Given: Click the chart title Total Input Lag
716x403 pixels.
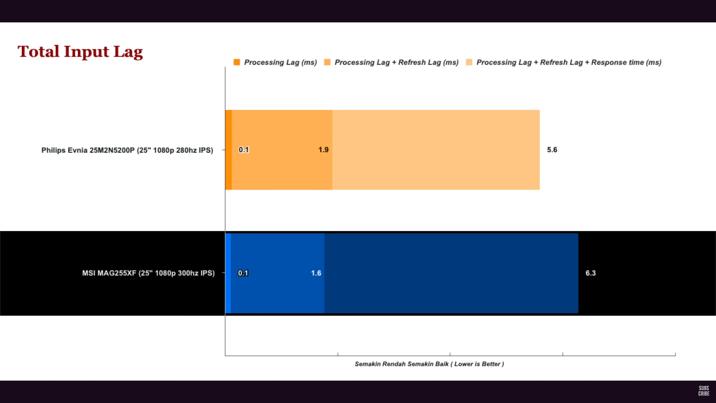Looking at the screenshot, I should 80,52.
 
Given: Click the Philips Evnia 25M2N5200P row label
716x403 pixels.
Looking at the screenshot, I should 127,150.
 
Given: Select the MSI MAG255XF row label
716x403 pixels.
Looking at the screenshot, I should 148,273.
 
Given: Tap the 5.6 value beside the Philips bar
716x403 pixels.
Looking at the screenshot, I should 552,150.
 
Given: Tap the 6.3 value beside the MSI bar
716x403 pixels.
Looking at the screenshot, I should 590,273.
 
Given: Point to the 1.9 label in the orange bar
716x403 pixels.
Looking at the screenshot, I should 323,150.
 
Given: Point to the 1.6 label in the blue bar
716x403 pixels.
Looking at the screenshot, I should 316,273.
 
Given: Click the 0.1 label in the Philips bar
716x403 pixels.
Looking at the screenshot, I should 244,150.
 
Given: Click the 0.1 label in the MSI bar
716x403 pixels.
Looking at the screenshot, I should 243,273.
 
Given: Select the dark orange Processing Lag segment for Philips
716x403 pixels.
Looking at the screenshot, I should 228,168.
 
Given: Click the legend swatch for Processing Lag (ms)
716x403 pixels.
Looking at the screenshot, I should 237,62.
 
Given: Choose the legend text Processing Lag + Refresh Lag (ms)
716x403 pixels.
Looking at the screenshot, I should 397,62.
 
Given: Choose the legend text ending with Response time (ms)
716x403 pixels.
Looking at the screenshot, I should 569,62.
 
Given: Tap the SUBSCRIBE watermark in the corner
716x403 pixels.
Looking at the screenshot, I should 704,391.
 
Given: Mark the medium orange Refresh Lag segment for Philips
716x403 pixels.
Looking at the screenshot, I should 282,174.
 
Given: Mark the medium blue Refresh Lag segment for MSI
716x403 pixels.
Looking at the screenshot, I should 277,294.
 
